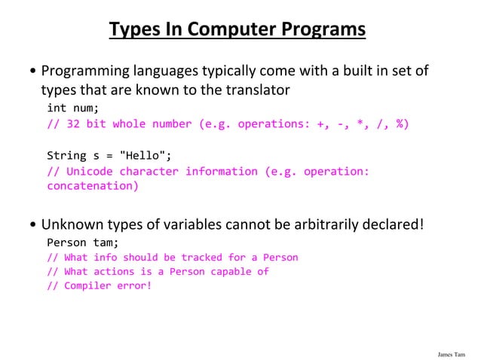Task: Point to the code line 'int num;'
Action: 73,108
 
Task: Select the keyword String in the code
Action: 66,156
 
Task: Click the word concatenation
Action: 93,186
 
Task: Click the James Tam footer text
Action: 450,352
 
